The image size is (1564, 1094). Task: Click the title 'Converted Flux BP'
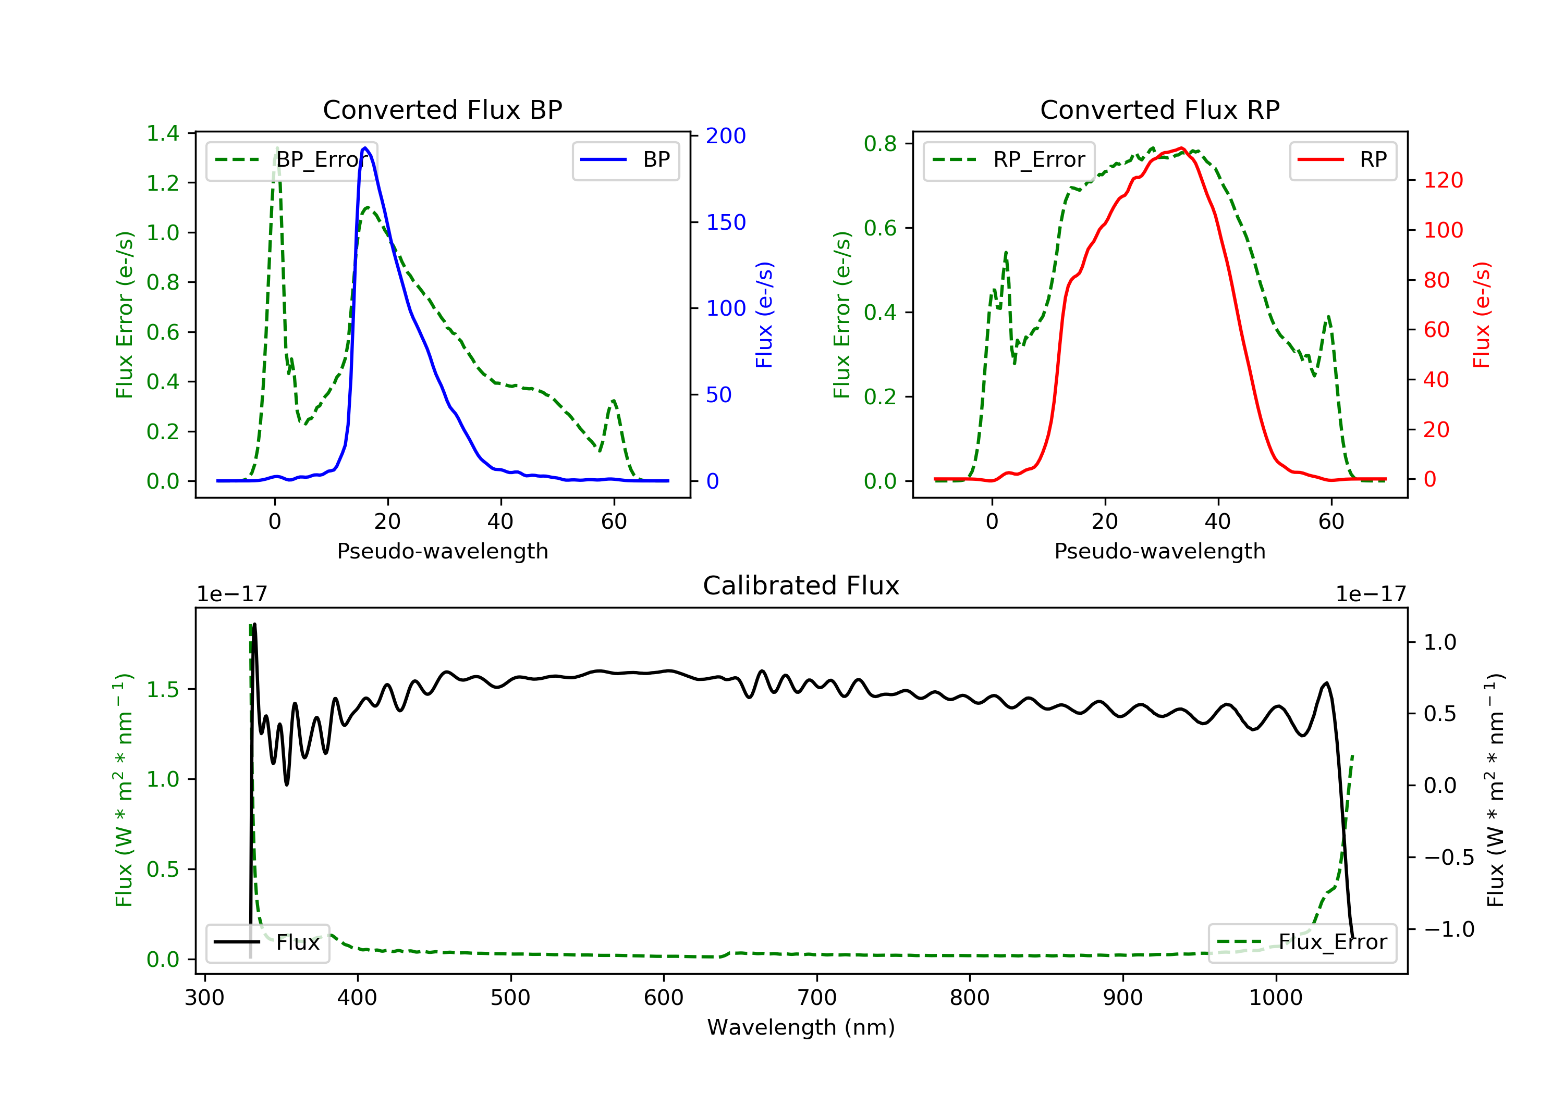[x=442, y=109]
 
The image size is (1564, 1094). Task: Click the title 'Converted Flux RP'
[x=1159, y=109]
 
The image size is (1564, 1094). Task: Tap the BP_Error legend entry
[x=291, y=160]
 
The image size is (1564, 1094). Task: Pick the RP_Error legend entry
[x=1009, y=160]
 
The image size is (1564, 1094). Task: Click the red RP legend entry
[x=1342, y=160]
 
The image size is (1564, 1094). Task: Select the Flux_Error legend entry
[x=1302, y=942]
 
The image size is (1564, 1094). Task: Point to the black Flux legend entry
[x=268, y=942]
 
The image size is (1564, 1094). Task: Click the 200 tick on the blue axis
[x=726, y=136]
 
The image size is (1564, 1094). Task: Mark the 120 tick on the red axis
[x=1443, y=180]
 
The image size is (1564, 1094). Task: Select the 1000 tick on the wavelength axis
[x=1275, y=998]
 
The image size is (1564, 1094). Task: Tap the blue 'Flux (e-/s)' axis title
[x=764, y=315]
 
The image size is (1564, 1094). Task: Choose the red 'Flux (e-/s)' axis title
[x=1482, y=315]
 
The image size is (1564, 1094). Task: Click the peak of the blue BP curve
[x=365, y=148]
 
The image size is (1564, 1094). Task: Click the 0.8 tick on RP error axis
[x=880, y=144]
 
